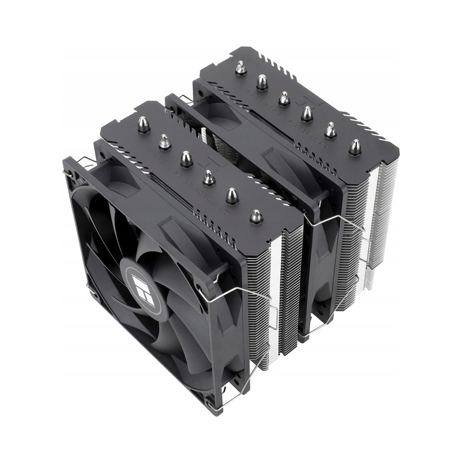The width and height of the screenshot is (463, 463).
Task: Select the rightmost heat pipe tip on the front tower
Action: pos(255,217)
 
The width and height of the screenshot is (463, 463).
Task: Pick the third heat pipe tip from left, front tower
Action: pos(186,159)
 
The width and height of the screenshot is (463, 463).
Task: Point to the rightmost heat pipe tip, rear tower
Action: pos(354,147)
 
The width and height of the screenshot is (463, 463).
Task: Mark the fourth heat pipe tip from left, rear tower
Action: pos(307,114)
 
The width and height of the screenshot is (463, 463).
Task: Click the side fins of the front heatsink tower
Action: pos(275,293)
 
